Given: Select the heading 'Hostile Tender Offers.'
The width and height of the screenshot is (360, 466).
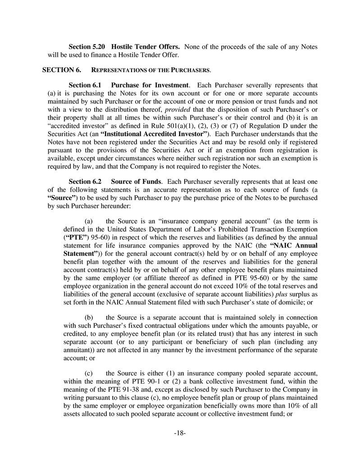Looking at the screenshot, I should pyautogui.click(x=146, y=47).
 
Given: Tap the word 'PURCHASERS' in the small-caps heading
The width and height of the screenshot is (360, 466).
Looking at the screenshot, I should pyautogui.click(x=191, y=70).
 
